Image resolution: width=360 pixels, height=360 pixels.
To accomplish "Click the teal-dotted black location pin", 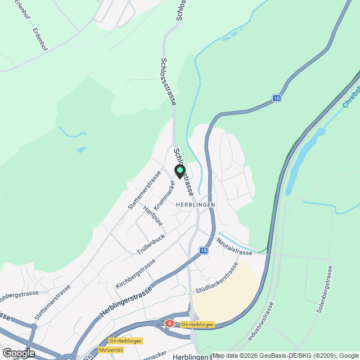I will pyautogui.click(x=180, y=172).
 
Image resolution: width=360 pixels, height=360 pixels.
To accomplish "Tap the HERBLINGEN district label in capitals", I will pyautogui.click(x=195, y=205).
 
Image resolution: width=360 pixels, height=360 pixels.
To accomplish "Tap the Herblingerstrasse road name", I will pyautogui.click(x=127, y=304).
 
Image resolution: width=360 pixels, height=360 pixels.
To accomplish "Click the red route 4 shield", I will pyautogui.click(x=169, y=323).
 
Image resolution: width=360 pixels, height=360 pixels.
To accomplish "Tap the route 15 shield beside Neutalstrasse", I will pyautogui.click(x=203, y=250).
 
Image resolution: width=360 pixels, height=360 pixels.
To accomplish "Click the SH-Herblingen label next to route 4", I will pyautogui.click(x=197, y=325).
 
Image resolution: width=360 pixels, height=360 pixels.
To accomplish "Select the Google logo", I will pyautogui.click(x=19, y=353).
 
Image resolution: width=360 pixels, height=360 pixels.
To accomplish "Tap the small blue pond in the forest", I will pyautogui.click(x=82, y=150).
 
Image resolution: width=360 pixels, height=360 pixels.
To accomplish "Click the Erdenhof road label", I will pyautogui.click(x=39, y=39).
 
